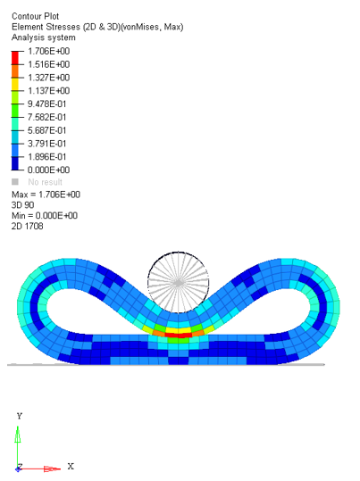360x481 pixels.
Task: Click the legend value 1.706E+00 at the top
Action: (49, 51)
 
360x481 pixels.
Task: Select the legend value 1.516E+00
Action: (49, 64)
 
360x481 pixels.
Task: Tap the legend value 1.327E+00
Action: (49, 78)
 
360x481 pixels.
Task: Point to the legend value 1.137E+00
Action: (49, 91)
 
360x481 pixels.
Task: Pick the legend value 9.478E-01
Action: (47, 104)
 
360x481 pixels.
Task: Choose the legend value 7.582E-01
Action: (47, 117)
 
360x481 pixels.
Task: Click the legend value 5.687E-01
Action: (47, 130)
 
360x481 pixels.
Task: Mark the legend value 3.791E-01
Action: (47, 144)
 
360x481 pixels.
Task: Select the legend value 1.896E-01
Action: (47, 157)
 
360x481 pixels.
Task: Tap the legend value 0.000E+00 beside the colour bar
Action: (49, 170)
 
